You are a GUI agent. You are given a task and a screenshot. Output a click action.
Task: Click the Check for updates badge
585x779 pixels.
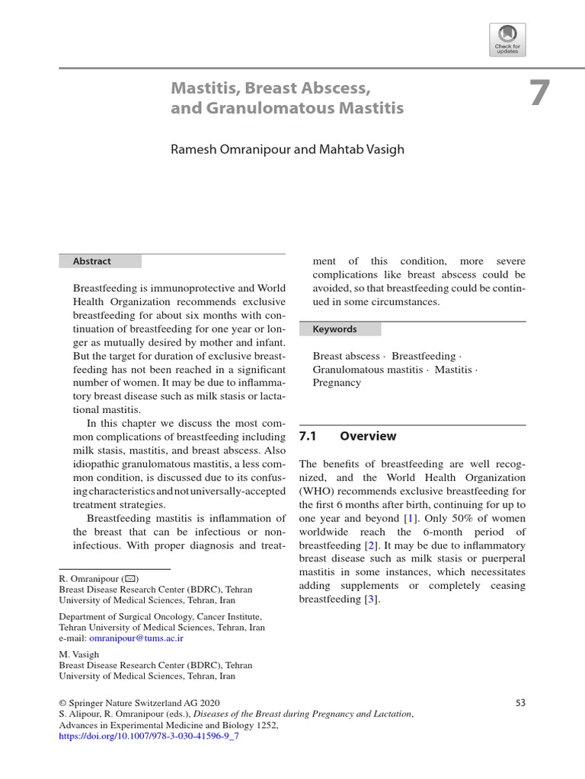click(x=507, y=40)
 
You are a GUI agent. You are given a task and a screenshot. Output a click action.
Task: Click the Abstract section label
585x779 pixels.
click(x=92, y=261)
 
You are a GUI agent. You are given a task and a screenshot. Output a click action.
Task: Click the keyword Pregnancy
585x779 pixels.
click(x=337, y=383)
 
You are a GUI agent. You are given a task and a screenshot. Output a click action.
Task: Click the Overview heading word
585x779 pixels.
click(x=368, y=437)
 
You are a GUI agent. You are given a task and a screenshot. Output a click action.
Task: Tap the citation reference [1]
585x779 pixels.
click(x=411, y=518)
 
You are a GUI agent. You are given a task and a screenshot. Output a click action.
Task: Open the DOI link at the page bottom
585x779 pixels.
click(x=149, y=737)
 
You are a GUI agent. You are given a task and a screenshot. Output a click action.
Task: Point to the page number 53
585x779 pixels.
click(x=520, y=703)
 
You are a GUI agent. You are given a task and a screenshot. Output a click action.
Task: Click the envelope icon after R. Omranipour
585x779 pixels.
click(x=129, y=579)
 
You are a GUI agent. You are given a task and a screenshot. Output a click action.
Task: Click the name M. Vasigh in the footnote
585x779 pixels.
click(x=79, y=653)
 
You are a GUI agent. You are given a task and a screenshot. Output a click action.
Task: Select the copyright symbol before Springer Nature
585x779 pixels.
click(x=63, y=703)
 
